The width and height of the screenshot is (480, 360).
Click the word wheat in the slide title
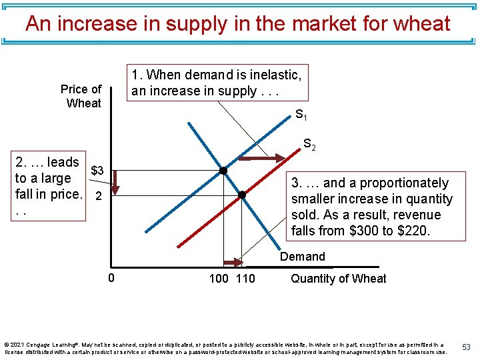[419, 24]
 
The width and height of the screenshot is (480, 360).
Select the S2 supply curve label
[309, 143]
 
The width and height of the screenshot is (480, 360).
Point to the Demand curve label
[303, 257]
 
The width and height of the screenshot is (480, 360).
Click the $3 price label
[97, 171]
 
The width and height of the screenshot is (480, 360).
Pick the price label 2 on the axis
[98, 197]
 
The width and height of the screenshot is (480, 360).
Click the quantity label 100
[219, 279]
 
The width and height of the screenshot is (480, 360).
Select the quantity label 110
[245, 279]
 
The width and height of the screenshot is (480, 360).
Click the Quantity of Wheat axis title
[338, 279]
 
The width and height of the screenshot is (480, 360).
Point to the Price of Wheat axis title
[81, 96]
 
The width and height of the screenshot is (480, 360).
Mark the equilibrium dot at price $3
[223, 171]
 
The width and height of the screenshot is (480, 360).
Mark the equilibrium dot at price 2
[242, 195]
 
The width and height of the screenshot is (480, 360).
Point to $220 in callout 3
[414, 231]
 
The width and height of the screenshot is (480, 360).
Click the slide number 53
[466, 347]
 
